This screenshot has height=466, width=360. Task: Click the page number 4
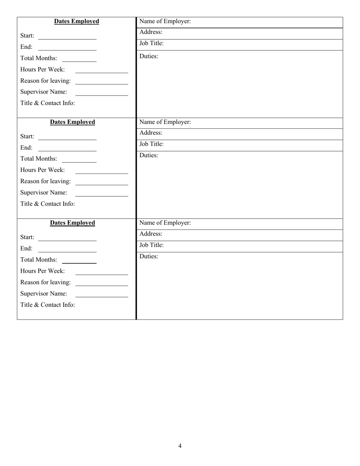(x=180, y=446)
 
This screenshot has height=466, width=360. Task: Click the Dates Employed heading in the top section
(x=77, y=21)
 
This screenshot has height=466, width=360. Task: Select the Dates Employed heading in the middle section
(x=72, y=122)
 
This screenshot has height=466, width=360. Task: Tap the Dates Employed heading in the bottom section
(x=72, y=223)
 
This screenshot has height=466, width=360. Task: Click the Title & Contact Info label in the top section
(x=48, y=103)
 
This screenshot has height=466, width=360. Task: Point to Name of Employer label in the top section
(x=165, y=22)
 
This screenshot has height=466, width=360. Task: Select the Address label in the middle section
(x=151, y=133)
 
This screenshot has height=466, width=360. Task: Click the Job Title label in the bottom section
(x=152, y=245)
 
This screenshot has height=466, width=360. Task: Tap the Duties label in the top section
(x=149, y=56)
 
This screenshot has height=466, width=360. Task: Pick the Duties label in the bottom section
(x=149, y=256)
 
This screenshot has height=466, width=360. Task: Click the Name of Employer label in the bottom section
(x=165, y=223)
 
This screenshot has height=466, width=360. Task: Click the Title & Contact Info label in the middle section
(x=48, y=204)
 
